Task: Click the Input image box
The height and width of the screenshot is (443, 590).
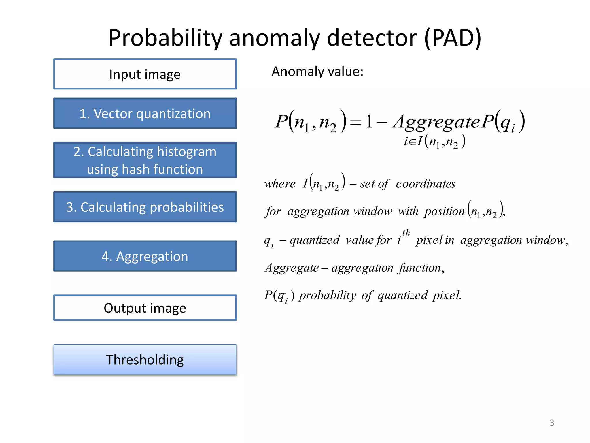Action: point(145,74)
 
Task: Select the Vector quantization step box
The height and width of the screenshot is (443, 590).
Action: point(145,113)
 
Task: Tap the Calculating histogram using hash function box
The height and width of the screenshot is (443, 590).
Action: point(145,160)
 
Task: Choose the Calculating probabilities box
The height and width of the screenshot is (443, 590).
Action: point(145,207)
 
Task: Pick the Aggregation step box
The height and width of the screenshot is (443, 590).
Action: point(145,256)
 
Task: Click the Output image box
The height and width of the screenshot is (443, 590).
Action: point(145,308)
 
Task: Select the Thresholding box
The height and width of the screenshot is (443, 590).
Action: point(145,359)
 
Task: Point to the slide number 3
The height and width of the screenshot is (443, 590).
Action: point(552,423)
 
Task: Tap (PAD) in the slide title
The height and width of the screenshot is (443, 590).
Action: point(453,38)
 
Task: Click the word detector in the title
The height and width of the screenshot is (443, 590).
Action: point(372,38)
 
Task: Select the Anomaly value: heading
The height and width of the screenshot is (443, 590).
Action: point(317,71)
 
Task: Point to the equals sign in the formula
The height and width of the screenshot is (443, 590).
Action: point(355,123)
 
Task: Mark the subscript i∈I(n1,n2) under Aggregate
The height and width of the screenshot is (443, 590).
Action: point(434,141)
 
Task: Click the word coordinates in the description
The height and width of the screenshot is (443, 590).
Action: point(426,184)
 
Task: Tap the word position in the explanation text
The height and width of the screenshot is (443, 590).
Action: point(444,211)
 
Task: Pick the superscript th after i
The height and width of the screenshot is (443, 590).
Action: point(406,232)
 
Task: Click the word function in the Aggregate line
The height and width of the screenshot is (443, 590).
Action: point(420,268)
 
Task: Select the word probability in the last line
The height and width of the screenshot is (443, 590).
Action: point(328,295)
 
